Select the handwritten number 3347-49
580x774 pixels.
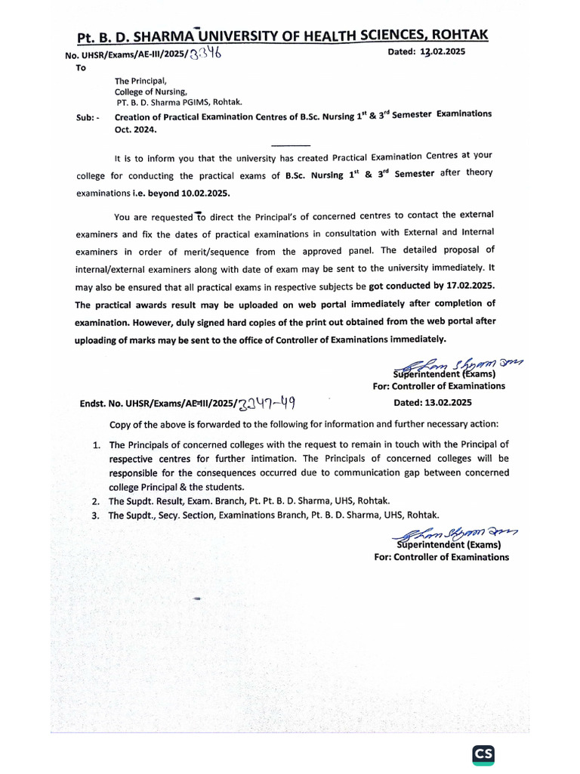(x=264, y=403)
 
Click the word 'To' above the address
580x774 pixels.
(x=82, y=68)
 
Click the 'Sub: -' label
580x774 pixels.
(x=88, y=117)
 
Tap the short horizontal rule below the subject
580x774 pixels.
(x=290, y=144)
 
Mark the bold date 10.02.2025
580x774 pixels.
(x=176, y=193)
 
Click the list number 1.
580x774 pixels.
(x=97, y=445)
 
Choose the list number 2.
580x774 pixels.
(x=96, y=502)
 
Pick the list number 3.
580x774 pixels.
(x=96, y=515)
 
